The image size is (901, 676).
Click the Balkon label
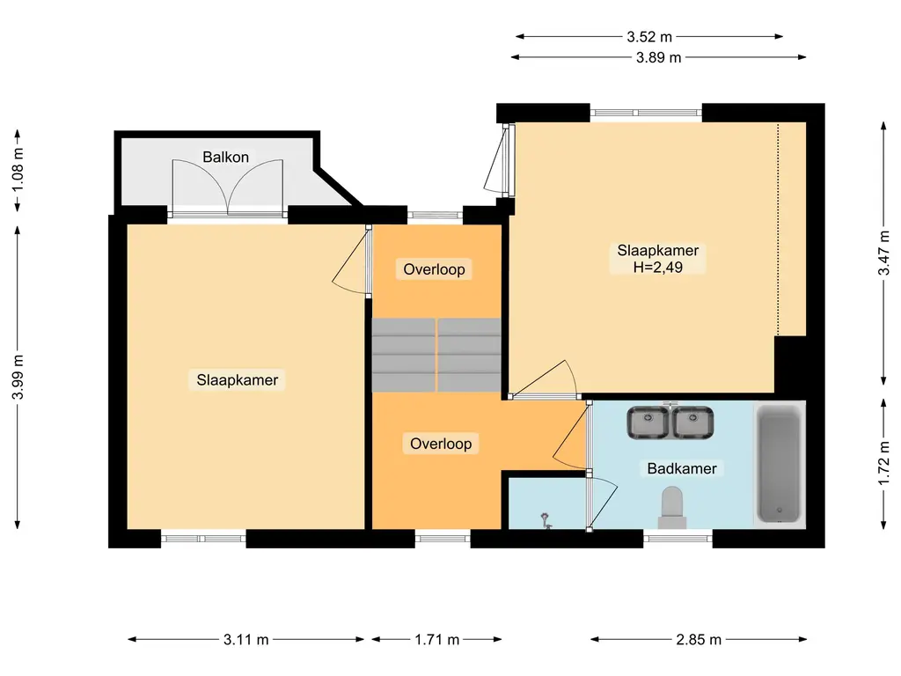(x=225, y=157)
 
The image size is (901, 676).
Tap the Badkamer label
(x=682, y=468)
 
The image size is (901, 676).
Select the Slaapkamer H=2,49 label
(x=658, y=259)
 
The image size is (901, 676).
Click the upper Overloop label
(x=434, y=269)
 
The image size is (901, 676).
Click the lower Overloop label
(x=441, y=444)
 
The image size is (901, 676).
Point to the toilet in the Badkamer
(x=671, y=508)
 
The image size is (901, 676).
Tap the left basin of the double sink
(x=648, y=422)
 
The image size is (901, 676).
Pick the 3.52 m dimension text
(x=649, y=37)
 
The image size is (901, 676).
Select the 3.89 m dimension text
(x=658, y=57)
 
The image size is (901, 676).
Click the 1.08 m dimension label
(x=18, y=170)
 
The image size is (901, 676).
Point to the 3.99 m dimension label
(x=18, y=377)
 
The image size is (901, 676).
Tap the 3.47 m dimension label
(x=883, y=253)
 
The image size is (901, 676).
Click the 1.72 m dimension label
(x=883, y=463)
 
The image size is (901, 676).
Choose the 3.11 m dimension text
(x=246, y=639)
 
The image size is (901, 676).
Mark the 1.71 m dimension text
(x=436, y=639)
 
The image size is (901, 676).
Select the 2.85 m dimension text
(x=698, y=639)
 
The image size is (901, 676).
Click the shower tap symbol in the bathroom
(x=546, y=521)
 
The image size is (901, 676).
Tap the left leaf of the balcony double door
(x=200, y=184)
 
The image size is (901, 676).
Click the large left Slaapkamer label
(x=237, y=380)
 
